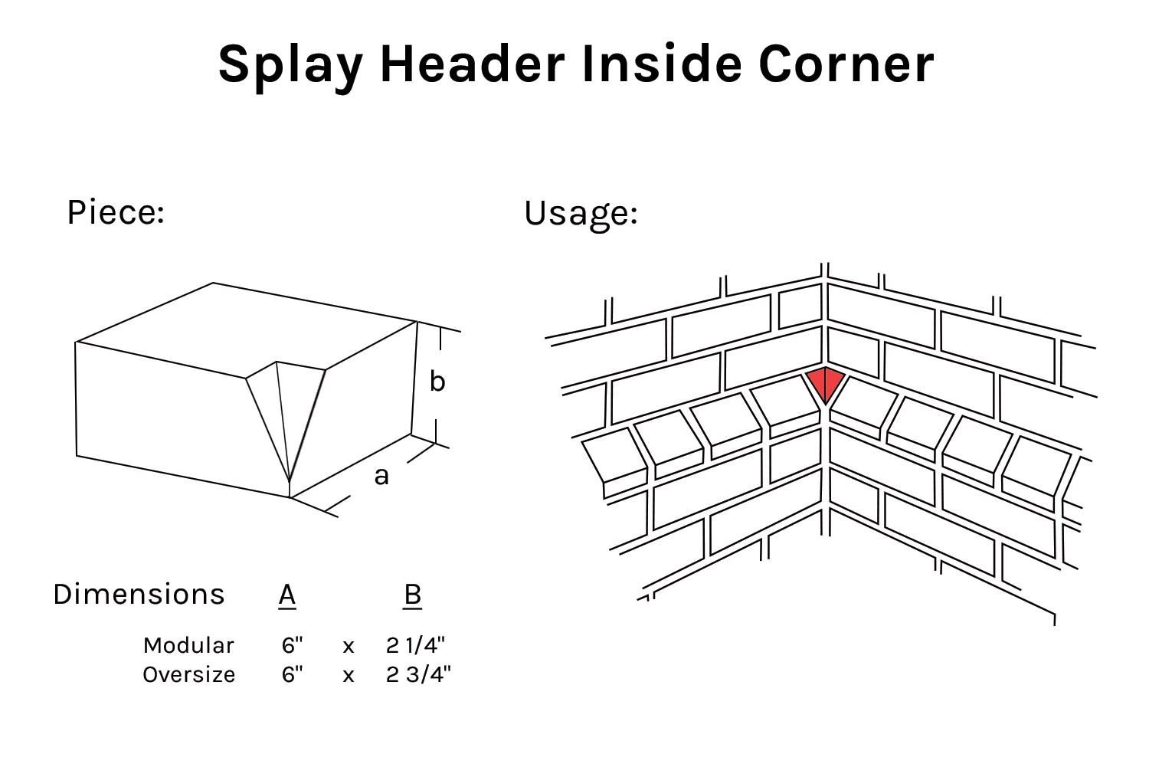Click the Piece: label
pos(116,212)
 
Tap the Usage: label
pos(581,213)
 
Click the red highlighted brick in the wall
pos(825,382)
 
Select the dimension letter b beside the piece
pos(437,381)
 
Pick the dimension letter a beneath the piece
pos(381,477)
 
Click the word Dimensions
pos(139,595)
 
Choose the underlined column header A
pos(287,595)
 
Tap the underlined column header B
pos(412,595)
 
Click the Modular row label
pos(188,645)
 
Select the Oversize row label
pos(188,674)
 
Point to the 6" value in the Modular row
pos(292,645)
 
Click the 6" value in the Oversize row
pos(292,674)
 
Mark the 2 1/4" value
pos(415,645)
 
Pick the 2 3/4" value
pos(418,674)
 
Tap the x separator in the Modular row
pos(349,647)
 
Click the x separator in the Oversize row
pos(349,676)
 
